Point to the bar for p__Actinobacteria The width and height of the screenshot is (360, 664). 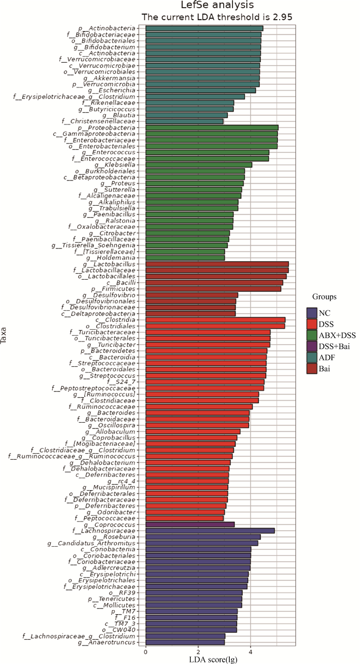204,28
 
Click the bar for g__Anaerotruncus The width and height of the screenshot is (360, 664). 185,642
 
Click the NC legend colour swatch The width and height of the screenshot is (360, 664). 311,313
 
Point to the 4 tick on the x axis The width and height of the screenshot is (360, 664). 250,652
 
